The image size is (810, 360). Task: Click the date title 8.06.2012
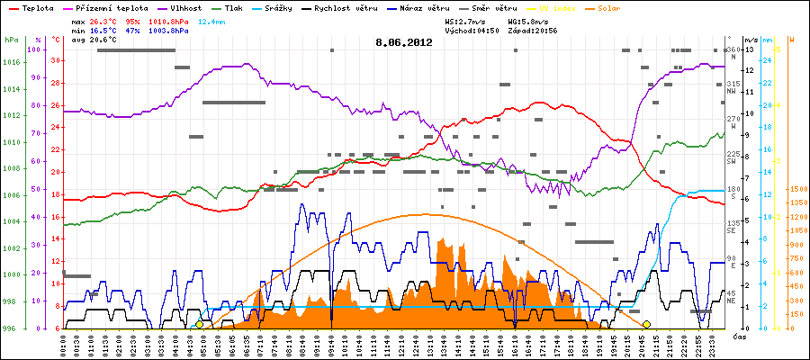point(404,41)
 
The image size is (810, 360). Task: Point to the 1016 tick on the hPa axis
point(11,62)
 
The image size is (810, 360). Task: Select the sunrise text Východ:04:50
point(472,30)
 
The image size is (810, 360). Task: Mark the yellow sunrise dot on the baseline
point(199,324)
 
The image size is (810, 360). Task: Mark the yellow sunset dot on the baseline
point(646,324)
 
